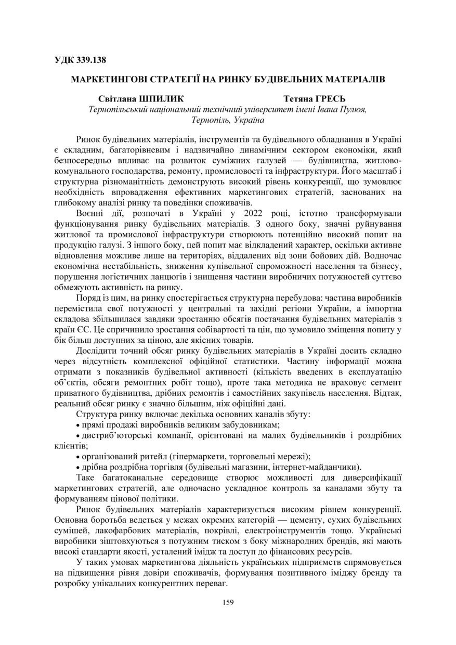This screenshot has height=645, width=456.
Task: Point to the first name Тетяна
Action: click(294, 99)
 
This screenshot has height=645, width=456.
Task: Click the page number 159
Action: click(228, 602)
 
